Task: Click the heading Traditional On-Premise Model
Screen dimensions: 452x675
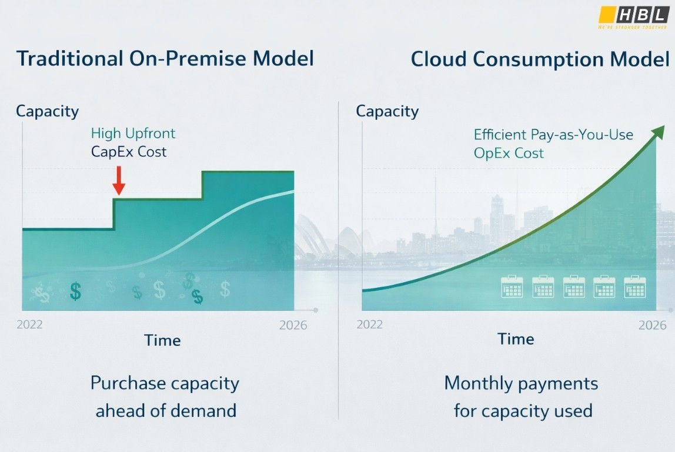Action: [x=165, y=59]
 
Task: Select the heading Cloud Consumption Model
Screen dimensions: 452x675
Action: [x=540, y=59]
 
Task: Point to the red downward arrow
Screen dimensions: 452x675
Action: [x=119, y=180]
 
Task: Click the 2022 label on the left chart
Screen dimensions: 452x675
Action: [x=29, y=325]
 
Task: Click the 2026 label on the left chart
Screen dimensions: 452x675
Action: [x=293, y=325]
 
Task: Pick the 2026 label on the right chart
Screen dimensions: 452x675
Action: [x=652, y=325]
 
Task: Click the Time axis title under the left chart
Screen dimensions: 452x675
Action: [x=162, y=340]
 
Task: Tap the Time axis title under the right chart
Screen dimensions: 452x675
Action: [x=516, y=339]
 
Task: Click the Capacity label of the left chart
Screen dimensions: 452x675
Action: [x=47, y=111]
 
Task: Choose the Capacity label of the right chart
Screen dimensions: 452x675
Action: [x=387, y=111]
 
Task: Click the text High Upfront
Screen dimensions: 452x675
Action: [x=133, y=134]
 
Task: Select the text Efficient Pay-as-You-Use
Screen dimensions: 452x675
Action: [x=553, y=135]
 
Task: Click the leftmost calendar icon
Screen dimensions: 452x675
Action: [x=512, y=287]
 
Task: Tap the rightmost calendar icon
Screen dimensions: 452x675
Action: [x=635, y=287]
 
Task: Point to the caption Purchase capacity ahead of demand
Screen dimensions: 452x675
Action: [x=165, y=397]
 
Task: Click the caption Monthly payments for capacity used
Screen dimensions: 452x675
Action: [x=522, y=397]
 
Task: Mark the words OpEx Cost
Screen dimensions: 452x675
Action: [x=509, y=154]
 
